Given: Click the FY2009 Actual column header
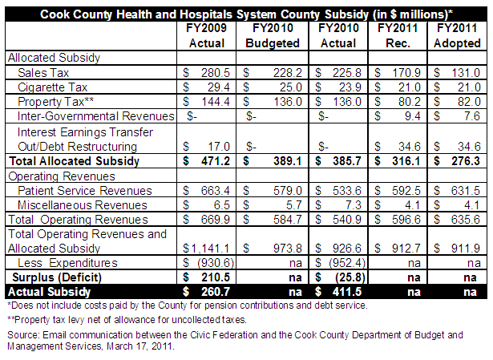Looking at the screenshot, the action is point(207,35).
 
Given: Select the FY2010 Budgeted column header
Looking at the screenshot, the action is point(273,35).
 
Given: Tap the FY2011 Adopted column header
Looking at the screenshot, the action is point(457,35).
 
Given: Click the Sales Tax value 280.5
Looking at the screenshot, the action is point(216,73).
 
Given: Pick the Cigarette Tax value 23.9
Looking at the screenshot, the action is point(350,87).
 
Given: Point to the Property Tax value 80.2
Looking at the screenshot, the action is point(410,102).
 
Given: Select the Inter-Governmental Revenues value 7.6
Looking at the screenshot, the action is point(472,116).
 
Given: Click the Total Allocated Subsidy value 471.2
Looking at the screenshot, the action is point(216,161).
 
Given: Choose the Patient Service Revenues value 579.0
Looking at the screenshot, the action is point(287,191).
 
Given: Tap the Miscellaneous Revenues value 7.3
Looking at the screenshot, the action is point(353,205).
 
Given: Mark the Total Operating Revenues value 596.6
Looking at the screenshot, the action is point(406,220).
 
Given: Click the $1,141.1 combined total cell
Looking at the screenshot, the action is point(206,249).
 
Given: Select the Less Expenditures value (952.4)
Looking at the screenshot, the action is point(347,262).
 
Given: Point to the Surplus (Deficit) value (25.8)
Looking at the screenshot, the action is point(350,277).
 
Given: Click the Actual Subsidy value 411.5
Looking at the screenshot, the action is point(347,292).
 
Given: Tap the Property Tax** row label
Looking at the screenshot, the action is point(55,102).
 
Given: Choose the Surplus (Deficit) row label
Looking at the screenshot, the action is point(57,277).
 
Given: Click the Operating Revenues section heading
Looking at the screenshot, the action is point(62,176).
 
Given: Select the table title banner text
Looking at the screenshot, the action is point(247,14).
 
